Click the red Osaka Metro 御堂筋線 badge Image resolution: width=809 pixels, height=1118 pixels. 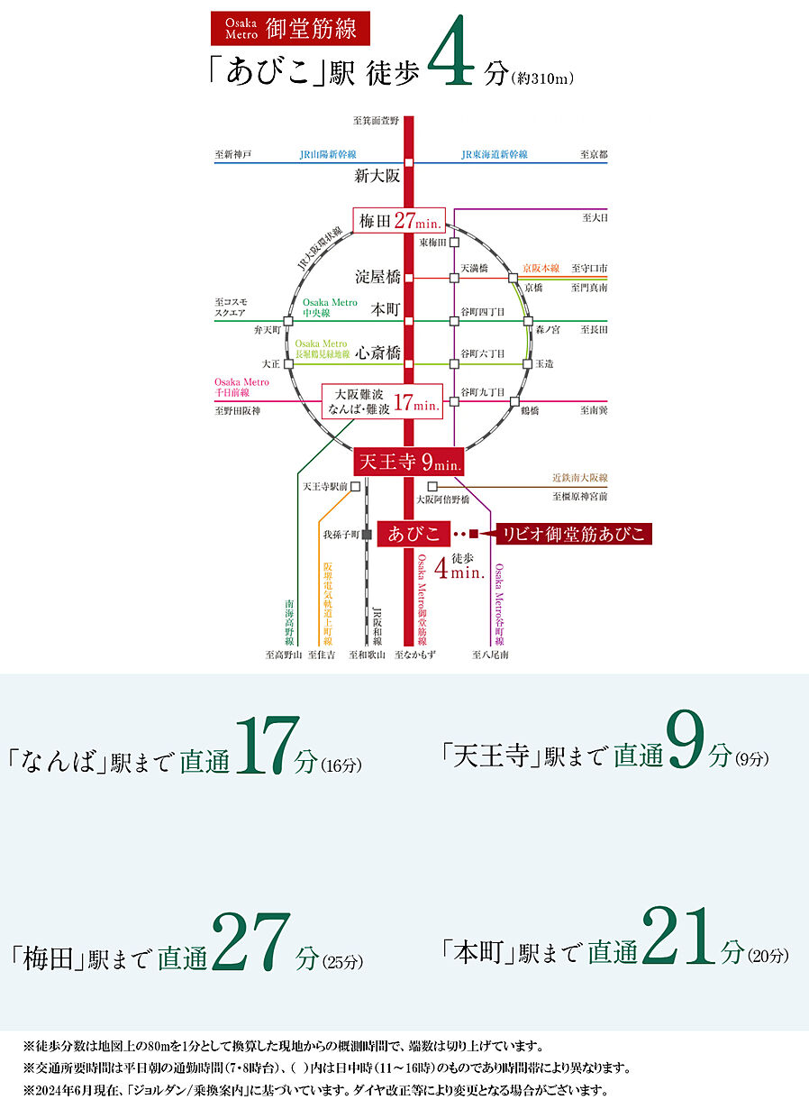285,29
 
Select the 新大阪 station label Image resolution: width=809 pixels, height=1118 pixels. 377,177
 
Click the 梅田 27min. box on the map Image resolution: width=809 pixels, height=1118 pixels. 398,221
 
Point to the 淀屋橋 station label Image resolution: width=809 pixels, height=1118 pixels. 377,278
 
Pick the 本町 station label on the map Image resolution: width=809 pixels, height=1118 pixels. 386,308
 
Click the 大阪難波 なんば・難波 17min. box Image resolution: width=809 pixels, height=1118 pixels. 383,400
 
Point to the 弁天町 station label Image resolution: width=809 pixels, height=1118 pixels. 268,331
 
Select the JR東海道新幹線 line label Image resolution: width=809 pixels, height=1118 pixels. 495,155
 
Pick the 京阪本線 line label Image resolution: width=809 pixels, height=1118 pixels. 542,269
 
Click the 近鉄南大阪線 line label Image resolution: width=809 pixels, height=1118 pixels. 580,478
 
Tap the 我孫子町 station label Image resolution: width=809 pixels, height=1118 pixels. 341,535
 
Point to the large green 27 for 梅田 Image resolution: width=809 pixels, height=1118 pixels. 251,943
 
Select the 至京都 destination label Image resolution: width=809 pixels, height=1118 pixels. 594,155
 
